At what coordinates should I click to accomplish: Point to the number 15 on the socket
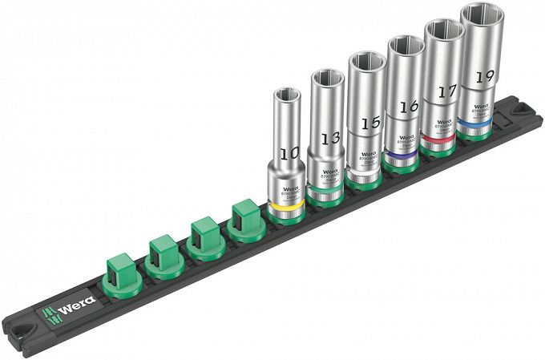[x=369, y=123]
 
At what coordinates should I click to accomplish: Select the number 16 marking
[x=408, y=106]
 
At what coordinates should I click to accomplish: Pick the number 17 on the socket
[x=446, y=91]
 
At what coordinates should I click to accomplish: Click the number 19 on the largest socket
[x=484, y=77]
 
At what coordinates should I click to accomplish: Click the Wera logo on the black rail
[x=72, y=305]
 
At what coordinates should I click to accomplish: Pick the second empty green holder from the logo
[x=164, y=251]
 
